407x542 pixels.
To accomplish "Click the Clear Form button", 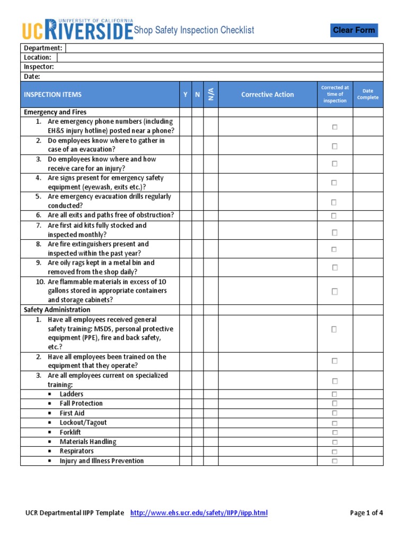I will coord(354,30).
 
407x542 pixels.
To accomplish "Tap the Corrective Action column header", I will coord(267,95).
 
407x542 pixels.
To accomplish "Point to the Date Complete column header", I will coord(368,94).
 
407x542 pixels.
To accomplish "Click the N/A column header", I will coord(211,95).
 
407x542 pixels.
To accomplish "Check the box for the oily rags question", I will coord(334,268).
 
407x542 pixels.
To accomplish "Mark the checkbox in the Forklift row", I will coord(334,432).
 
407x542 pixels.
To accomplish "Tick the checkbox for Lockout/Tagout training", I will coord(334,423).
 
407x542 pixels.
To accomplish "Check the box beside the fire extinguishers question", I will coord(334,249).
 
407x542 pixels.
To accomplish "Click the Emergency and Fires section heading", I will coord(55,112).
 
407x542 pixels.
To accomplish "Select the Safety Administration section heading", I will coord(57,310).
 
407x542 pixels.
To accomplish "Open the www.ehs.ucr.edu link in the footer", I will coord(199,513).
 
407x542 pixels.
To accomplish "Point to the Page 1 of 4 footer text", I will coord(366,513).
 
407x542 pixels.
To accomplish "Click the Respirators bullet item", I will coord(76,451).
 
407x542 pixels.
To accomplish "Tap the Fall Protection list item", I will coord(81,403).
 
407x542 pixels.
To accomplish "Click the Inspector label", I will coord(39,67).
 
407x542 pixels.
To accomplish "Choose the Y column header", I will coord(185,95).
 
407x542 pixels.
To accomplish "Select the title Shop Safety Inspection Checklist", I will coord(193,30).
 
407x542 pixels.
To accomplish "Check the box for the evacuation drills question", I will coord(334,202).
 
